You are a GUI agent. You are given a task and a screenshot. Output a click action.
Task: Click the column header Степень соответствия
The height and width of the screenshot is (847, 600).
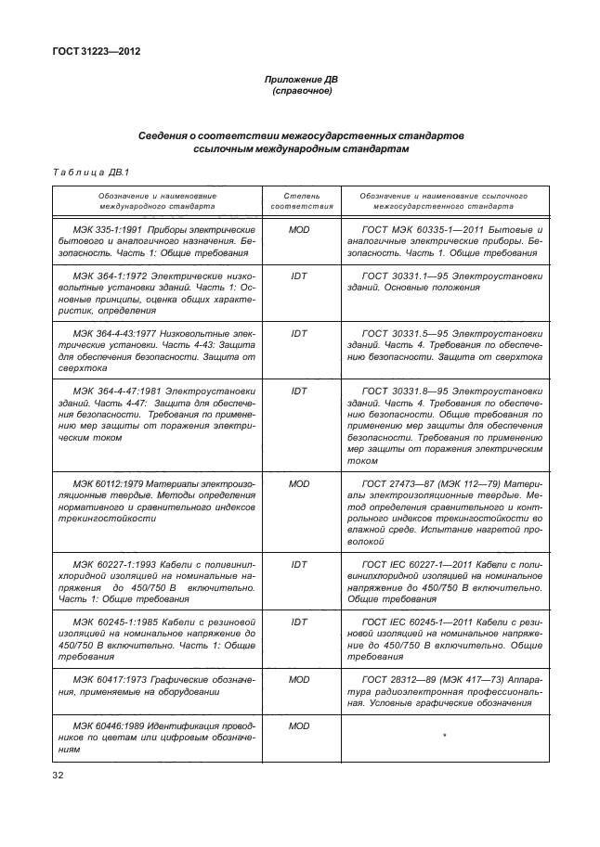[298, 202]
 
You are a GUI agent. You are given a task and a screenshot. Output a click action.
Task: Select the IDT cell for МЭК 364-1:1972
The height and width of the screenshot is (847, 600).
[298, 276]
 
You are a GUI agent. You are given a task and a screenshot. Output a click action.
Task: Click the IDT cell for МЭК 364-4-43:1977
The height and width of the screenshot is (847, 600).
[298, 333]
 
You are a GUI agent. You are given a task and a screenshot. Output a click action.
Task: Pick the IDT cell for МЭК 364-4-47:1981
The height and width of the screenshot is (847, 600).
[298, 391]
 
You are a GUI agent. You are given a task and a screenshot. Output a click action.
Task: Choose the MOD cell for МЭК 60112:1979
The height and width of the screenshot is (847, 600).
[298, 483]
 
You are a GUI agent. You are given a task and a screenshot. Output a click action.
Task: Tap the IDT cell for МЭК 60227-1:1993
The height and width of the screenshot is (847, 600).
[298, 563]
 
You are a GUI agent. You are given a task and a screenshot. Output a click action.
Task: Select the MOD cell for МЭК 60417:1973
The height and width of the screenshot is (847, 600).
[298, 680]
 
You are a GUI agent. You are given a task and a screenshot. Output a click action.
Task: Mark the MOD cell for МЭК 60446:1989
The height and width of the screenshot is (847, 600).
[298, 726]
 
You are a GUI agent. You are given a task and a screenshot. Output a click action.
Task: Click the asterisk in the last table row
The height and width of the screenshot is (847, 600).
[446, 737]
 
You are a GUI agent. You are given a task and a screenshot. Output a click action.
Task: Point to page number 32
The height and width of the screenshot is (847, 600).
[62, 772]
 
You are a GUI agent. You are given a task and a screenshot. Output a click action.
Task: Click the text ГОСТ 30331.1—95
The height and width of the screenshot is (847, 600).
[409, 276]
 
